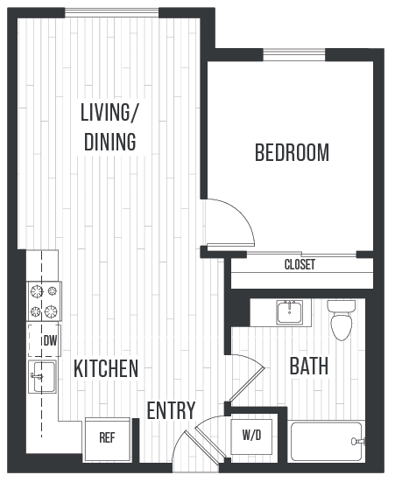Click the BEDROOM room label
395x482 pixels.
292,153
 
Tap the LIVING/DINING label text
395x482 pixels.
109,128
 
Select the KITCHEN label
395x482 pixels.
106,368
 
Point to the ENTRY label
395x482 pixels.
171,410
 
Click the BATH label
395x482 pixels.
309,366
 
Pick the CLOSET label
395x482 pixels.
300,265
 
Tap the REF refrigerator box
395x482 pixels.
107,437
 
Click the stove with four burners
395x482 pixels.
44,300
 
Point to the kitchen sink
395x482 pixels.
42,377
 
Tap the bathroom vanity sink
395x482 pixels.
293,311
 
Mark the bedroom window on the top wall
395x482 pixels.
294,56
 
